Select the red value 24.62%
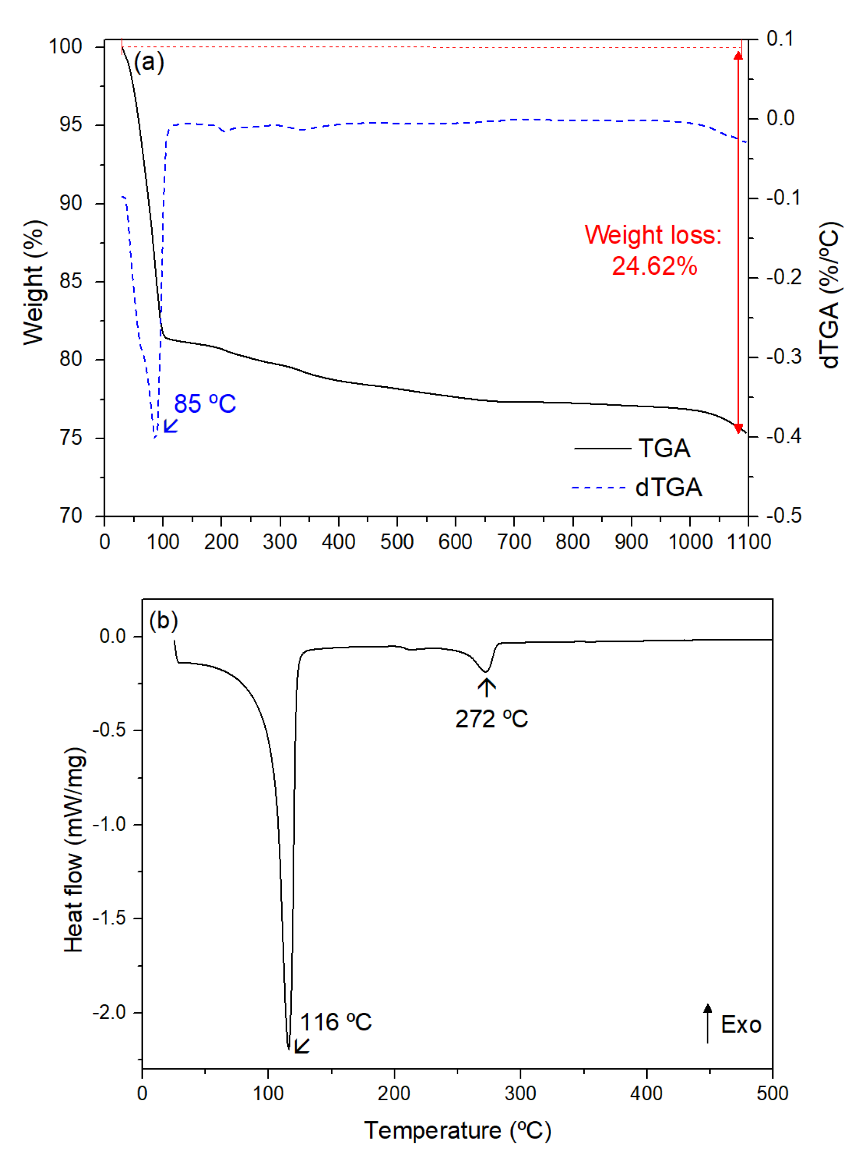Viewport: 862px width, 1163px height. tap(654, 266)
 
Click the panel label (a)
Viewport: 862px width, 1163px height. tap(149, 62)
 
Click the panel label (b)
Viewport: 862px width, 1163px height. tap(163, 621)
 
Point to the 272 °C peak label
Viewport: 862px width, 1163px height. tap(491, 719)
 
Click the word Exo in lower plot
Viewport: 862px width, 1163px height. tap(740, 1025)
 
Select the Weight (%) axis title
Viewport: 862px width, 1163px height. tap(34, 282)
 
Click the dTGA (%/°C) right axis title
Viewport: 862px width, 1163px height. tap(829, 295)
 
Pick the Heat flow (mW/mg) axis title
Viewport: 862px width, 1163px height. tap(74, 850)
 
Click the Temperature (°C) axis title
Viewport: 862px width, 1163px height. tap(457, 1131)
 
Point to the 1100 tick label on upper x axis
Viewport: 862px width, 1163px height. tap(748, 542)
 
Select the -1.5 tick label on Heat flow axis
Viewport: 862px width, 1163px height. tap(110, 918)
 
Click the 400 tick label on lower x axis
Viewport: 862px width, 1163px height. tap(646, 1093)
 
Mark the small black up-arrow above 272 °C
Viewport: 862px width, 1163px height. tap(487, 687)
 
